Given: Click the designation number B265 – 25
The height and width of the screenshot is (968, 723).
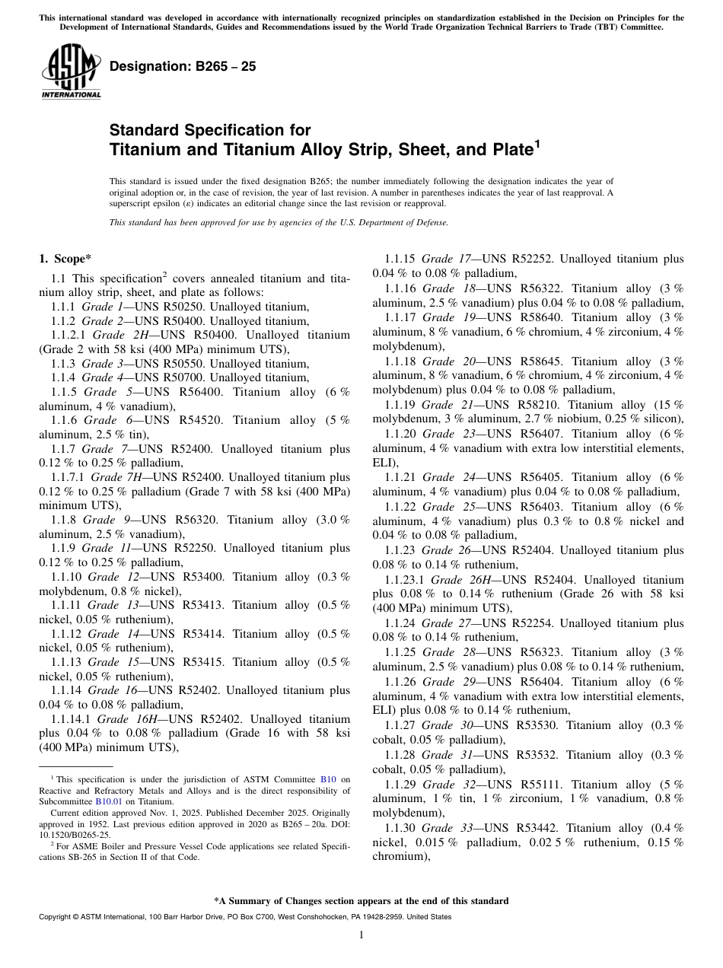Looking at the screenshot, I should [183, 67].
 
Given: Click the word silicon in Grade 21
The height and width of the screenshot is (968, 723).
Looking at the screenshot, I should [659, 419].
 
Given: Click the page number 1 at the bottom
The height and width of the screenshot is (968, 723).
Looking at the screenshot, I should [361, 935].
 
